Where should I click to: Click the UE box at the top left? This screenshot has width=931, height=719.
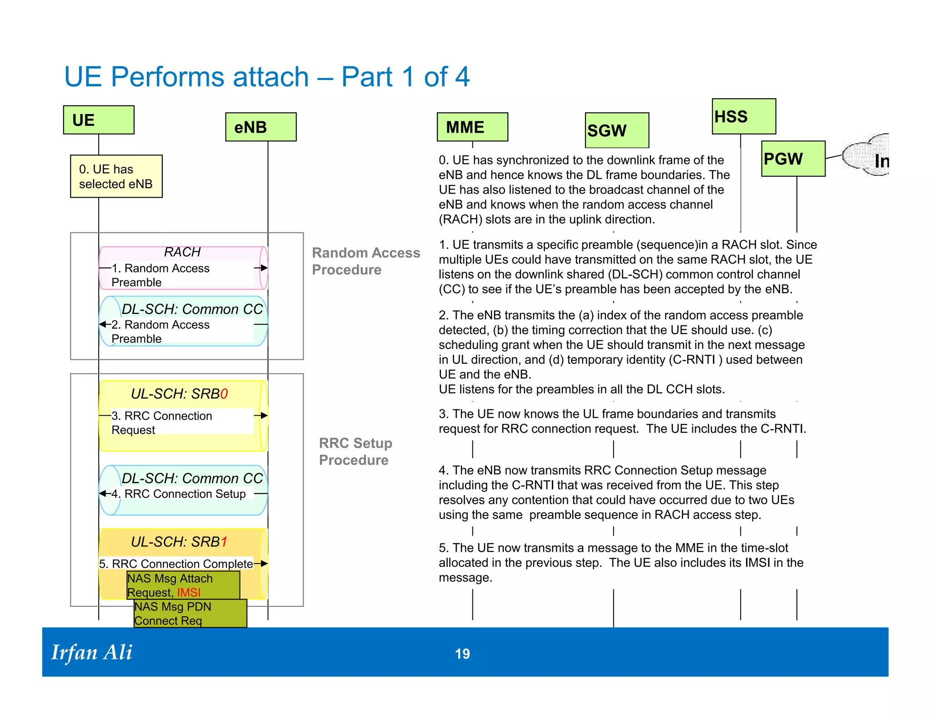point(99,120)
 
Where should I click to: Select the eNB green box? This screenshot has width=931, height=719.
point(260,127)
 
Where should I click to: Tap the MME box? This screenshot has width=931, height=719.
point(472,127)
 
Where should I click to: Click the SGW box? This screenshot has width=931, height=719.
point(616,130)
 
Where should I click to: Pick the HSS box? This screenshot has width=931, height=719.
point(743,116)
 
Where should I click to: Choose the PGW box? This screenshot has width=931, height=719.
point(793,159)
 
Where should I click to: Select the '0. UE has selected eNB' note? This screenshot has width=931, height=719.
point(116,176)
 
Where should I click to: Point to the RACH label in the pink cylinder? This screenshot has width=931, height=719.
point(182,252)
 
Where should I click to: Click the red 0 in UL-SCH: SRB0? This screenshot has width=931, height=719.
point(224,394)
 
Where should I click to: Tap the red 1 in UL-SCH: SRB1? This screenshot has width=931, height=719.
point(223,542)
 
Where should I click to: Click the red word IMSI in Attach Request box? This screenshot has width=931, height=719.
point(189,593)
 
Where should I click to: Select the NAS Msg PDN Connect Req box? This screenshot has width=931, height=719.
point(190,614)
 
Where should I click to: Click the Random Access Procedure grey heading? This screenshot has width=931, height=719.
point(365,261)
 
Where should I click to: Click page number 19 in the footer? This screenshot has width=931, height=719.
point(462,654)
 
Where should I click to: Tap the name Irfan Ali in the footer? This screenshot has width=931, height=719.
point(92,652)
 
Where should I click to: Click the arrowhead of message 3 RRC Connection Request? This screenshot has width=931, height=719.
point(264,415)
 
